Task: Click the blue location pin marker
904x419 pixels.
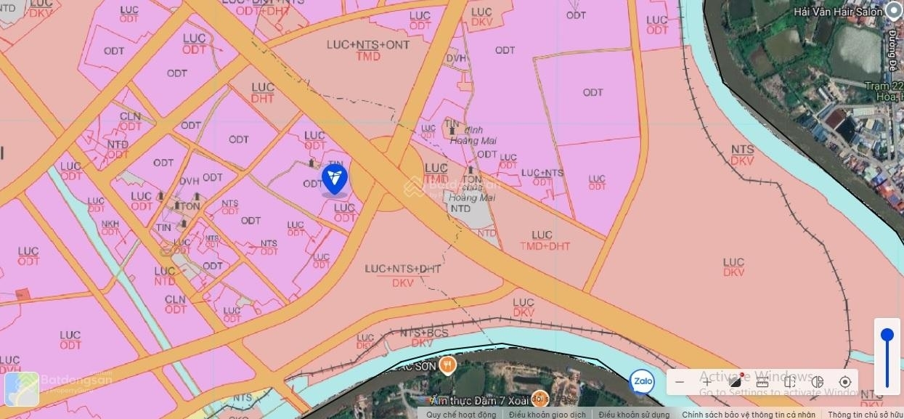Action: pyautogui.click(x=335, y=178)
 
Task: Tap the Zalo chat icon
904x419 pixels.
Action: pyautogui.click(x=641, y=382)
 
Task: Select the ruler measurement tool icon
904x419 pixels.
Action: pyautogui.click(x=762, y=382)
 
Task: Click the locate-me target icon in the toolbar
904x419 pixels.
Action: pyautogui.click(x=844, y=382)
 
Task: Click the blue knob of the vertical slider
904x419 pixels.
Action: pyautogui.click(x=887, y=335)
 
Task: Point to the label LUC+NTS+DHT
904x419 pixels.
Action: pyautogui.click(x=403, y=269)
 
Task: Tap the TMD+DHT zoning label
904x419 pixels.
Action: pyautogui.click(x=545, y=246)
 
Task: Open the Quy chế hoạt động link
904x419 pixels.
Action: pyautogui.click(x=461, y=415)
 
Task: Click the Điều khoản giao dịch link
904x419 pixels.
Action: pyautogui.click(x=547, y=415)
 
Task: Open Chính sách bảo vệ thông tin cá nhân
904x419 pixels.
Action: pyautogui.click(x=749, y=415)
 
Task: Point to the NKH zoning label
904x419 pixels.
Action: pyautogui.click(x=110, y=224)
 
